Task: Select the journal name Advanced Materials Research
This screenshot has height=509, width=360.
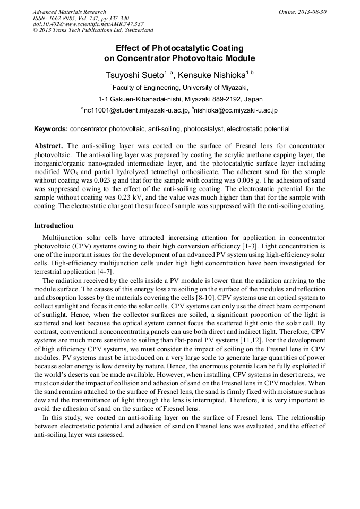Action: (69, 12)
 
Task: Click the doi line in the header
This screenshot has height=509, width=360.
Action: (88, 24)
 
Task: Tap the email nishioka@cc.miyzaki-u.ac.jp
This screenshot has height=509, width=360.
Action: (236, 111)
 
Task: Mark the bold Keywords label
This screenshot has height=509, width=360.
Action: (50, 129)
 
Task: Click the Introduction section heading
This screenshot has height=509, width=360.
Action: (54, 226)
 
